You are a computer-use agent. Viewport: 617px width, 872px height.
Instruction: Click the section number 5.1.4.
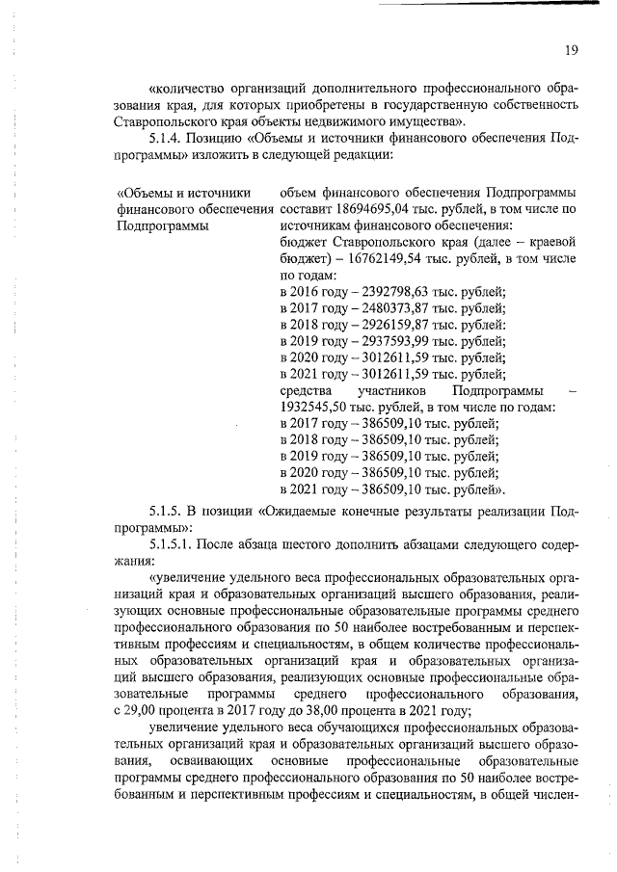(170, 140)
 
